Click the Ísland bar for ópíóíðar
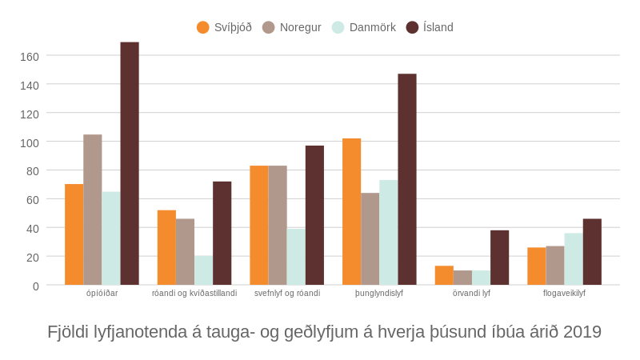click(x=130, y=164)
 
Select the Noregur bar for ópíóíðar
click(x=93, y=210)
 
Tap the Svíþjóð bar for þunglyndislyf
click(x=351, y=212)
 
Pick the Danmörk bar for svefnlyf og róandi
click(x=296, y=257)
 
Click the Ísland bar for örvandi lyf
click(x=499, y=258)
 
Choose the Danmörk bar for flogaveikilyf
click(x=574, y=259)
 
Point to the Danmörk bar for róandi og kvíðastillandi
click(x=203, y=270)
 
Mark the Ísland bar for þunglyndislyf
click(x=407, y=179)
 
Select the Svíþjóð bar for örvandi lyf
click(x=444, y=275)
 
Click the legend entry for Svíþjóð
click(x=224, y=27)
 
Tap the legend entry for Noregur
click(x=292, y=27)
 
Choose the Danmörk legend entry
click(x=364, y=27)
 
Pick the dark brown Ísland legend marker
click(x=413, y=27)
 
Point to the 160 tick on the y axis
click(x=30, y=57)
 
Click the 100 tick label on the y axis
click(x=30, y=142)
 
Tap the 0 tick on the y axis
click(x=35, y=286)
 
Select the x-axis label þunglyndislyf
click(x=379, y=293)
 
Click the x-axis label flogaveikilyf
click(x=564, y=293)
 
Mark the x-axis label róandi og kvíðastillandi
click(x=194, y=293)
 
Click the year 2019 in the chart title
click(x=582, y=332)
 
